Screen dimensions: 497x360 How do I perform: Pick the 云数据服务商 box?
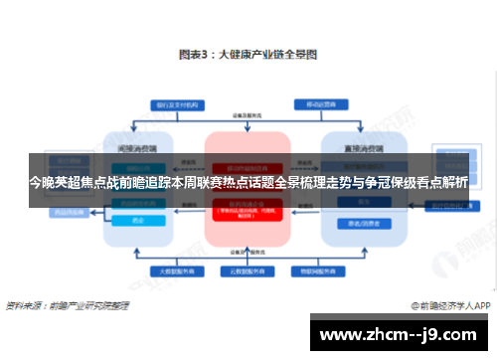pyautogui.click(x=248, y=270)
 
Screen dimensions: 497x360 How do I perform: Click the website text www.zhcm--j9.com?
pyautogui.click(x=402, y=334)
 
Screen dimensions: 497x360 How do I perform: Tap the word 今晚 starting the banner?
pyautogui.click(x=40, y=182)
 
